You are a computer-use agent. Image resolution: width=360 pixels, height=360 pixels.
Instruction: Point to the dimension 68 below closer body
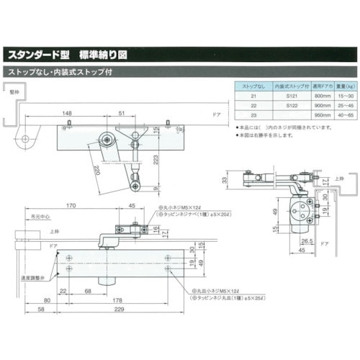87,291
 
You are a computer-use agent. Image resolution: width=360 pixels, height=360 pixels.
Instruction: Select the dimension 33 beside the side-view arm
224,179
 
